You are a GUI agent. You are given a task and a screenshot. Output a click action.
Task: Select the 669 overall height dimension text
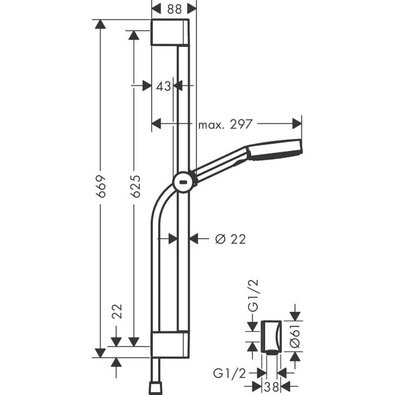tap(101, 186)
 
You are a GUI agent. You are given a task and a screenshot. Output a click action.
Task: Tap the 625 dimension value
tap(135, 186)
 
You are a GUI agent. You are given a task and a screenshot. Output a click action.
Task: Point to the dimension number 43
tap(163, 86)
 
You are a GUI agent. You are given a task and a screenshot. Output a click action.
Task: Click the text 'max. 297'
tap(225, 123)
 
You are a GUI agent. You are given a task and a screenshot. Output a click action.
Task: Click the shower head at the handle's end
tap(275, 150)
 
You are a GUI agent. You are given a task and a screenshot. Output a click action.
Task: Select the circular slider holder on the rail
tap(184, 182)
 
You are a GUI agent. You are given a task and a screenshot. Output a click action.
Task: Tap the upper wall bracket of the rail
tap(170, 32)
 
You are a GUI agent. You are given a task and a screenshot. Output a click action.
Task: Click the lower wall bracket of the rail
tap(170, 344)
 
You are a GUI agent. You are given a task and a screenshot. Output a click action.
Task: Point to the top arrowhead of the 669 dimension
tap(101, 25)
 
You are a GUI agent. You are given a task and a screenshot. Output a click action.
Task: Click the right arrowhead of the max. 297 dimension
tap(298, 123)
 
